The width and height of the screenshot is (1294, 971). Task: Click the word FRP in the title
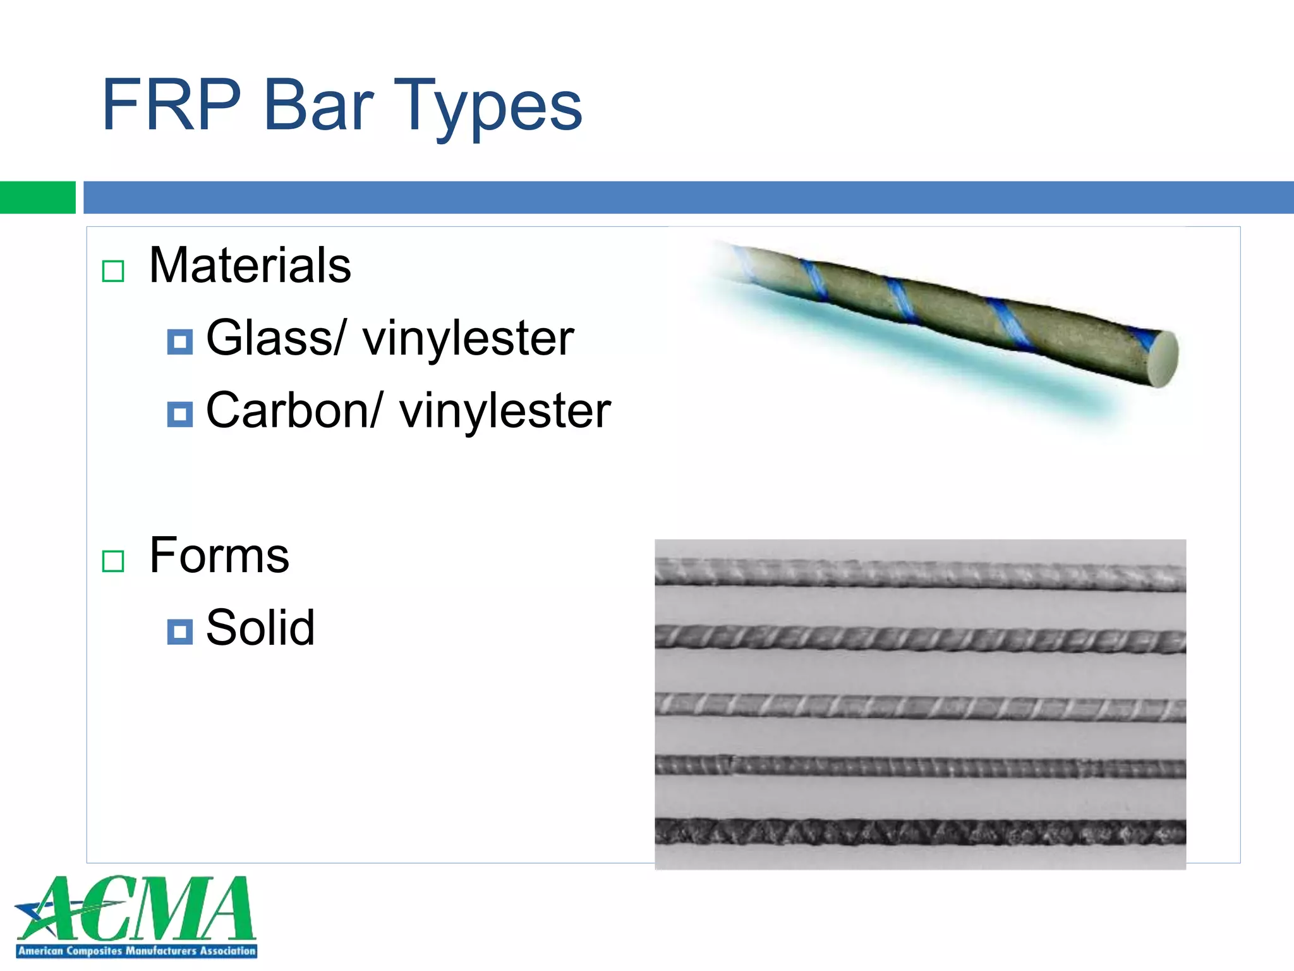[x=171, y=105]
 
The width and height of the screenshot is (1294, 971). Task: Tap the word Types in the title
[x=487, y=107]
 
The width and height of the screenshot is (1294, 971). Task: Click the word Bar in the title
[x=318, y=105]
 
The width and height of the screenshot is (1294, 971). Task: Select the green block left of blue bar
[x=37, y=197]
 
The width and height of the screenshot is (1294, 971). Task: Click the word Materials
[x=250, y=266]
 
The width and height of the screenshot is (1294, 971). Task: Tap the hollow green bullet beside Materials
[x=113, y=271]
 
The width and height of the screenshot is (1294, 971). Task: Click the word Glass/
[x=275, y=338]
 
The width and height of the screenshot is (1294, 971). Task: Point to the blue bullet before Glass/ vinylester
[x=180, y=342]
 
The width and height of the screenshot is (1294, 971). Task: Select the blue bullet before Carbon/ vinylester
[x=180, y=415]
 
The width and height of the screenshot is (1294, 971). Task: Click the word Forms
[x=219, y=556]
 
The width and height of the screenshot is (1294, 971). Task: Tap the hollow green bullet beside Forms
[x=113, y=561]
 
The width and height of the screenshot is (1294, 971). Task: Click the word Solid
[x=260, y=628]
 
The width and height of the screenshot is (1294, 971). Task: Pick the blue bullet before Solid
[x=180, y=632]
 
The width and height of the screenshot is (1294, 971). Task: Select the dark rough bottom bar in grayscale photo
[x=920, y=832]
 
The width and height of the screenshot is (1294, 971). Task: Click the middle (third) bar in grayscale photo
[x=920, y=707]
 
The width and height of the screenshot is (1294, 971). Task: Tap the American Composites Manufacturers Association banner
[x=136, y=951]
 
